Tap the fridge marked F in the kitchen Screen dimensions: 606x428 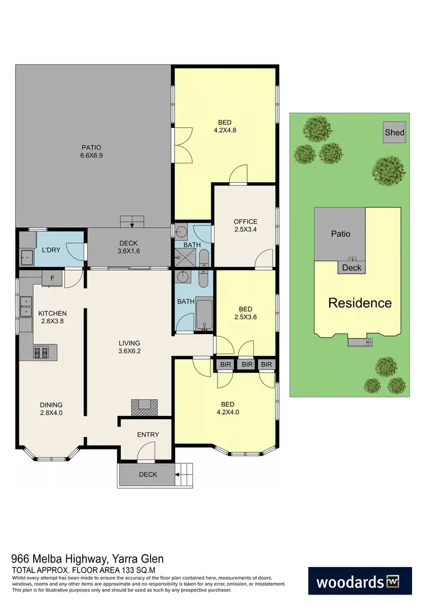point(52,278)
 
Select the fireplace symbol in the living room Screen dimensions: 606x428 point(142,407)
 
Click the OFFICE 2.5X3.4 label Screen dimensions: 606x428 point(245,226)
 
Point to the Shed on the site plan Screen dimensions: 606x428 point(394,133)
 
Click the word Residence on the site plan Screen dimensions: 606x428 point(360,303)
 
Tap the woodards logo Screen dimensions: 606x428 point(360,582)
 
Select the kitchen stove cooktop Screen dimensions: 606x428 point(42,352)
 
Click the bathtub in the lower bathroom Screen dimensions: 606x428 point(204,314)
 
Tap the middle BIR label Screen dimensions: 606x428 point(247,364)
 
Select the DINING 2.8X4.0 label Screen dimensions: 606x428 point(51,409)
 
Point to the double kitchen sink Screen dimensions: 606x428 point(26,306)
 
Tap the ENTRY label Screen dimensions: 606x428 point(148,435)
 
